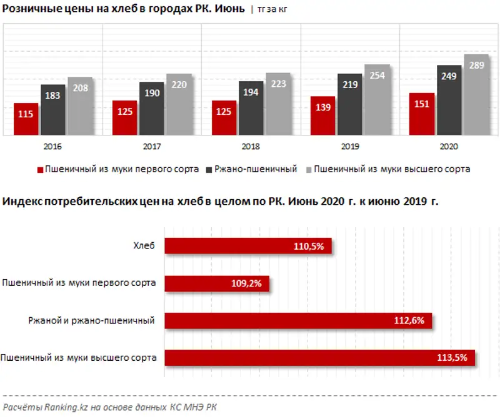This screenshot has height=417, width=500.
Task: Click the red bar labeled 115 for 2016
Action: click(x=26, y=119)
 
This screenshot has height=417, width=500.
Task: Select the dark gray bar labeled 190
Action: click(x=152, y=108)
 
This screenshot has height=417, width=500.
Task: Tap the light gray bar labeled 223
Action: click(x=277, y=103)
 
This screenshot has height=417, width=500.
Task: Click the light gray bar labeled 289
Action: click(x=476, y=94)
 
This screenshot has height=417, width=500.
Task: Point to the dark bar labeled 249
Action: click(x=449, y=100)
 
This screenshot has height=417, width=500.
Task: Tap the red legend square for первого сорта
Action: click(x=41, y=170)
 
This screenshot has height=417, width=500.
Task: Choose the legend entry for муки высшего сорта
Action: click(x=392, y=169)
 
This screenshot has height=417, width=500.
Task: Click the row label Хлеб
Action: click(x=144, y=246)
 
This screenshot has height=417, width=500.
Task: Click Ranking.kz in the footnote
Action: click(x=61, y=406)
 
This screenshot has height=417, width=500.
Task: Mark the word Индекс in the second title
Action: click(x=21, y=202)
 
